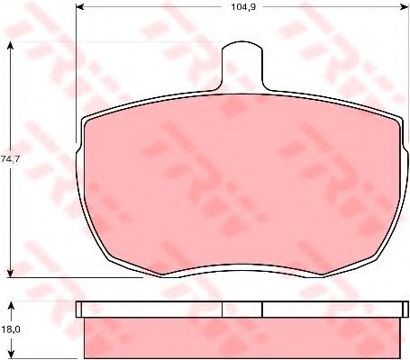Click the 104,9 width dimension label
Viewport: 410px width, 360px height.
pyautogui.click(x=243, y=7)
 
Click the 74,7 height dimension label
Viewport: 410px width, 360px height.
pyautogui.click(x=10, y=159)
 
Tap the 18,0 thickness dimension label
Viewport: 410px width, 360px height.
pyautogui.click(x=10, y=329)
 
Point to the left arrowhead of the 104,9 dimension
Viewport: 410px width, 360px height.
pyautogui.click(x=79, y=7)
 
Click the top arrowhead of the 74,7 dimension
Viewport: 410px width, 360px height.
pyautogui.click(x=10, y=45)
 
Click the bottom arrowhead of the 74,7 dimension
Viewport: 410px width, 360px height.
pyautogui.click(x=10, y=274)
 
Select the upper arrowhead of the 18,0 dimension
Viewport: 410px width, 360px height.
pyautogui.click(x=11, y=306)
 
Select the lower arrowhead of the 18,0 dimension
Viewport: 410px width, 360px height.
pyautogui.click(x=11, y=354)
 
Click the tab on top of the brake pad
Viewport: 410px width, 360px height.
pyautogui.click(x=242, y=66)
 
